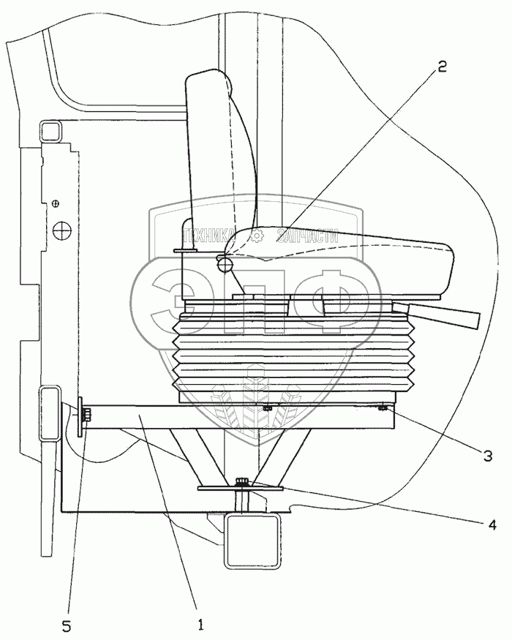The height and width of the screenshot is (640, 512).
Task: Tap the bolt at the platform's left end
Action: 86,416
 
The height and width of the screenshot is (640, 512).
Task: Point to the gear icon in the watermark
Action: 257,235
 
